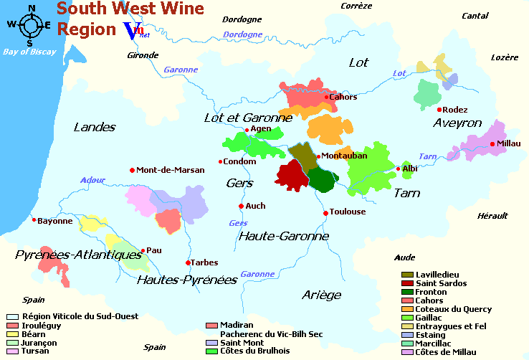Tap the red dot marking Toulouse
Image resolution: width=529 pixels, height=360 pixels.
click(325, 212)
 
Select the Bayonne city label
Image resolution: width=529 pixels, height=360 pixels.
click(56, 221)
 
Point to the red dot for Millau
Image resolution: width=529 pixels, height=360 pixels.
click(492, 143)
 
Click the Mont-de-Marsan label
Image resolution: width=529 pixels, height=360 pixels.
click(171, 170)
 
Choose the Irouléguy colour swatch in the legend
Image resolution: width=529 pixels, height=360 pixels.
click(11, 325)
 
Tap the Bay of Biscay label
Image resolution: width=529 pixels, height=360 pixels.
click(29, 52)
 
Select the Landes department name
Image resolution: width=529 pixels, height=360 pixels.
click(95, 127)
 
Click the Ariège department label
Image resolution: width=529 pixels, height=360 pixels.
click(321, 294)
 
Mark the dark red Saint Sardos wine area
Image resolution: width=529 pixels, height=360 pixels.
click(290, 175)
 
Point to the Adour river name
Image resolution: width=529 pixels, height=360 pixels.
click(92, 180)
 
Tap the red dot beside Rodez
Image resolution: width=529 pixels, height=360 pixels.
click(439, 109)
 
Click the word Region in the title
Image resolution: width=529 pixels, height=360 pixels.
click(86, 29)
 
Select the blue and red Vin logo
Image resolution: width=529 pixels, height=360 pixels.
click(134, 30)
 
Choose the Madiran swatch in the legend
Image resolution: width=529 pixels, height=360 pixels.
click(211, 325)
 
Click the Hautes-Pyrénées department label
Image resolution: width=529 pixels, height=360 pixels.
click(186, 279)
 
